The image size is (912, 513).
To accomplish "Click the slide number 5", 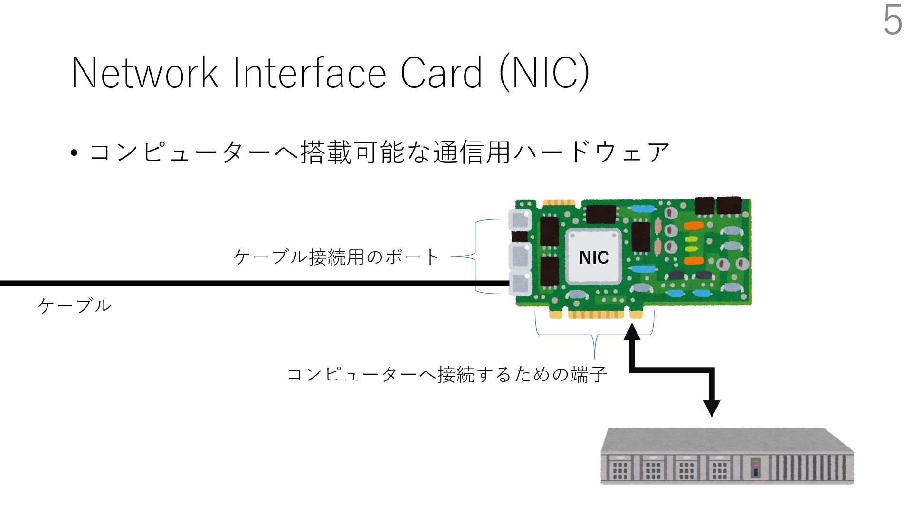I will coord(893,21).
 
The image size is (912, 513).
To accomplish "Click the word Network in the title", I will coord(144,73).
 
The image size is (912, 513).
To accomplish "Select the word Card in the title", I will coord(441,73).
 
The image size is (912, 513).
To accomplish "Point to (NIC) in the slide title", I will coord(544,73).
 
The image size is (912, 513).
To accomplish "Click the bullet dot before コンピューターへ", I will coord(74,153).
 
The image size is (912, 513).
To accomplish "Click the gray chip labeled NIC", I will coord(594,257).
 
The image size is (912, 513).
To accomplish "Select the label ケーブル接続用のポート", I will coord(336,257).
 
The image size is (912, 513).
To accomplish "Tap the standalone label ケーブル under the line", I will coord(75,305).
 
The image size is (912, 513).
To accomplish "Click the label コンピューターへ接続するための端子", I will coord(447,374).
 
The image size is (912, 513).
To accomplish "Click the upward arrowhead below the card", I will coord(632,332).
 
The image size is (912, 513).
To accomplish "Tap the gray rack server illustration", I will coord(727,456).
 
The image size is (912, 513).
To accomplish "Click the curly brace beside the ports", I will coord(476,256).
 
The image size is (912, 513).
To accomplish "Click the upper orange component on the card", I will coord(693,225).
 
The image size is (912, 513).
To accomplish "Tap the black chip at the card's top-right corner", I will coord(729,206).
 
